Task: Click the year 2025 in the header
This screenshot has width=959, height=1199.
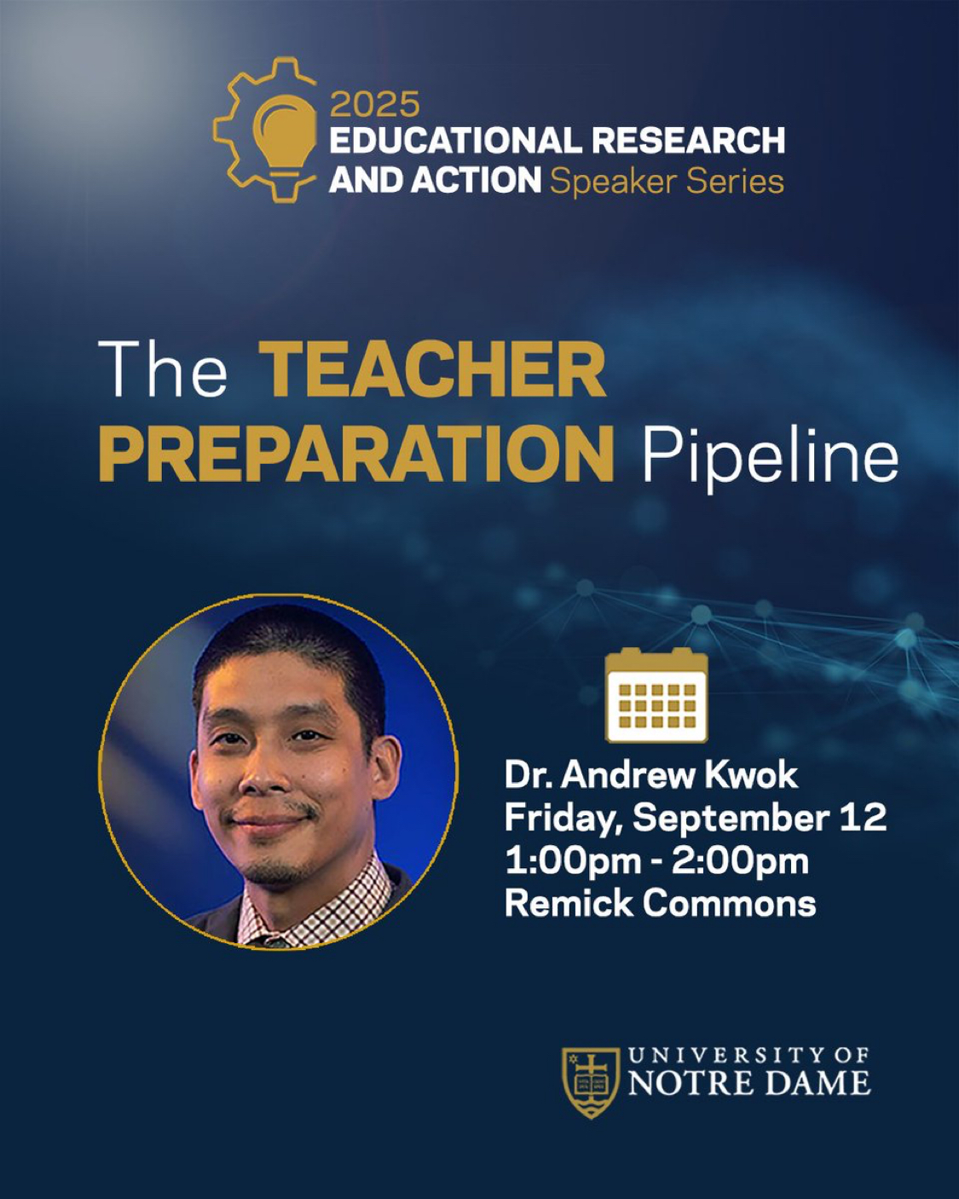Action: pyautogui.click(x=375, y=104)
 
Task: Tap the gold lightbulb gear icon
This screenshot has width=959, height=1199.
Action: pyautogui.click(x=265, y=130)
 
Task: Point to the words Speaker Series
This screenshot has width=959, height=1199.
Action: pyautogui.click(x=667, y=182)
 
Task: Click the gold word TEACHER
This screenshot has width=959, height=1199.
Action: pyautogui.click(x=432, y=369)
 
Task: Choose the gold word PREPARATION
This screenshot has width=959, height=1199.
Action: pyautogui.click(x=356, y=454)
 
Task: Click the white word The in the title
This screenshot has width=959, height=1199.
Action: pyautogui.click(x=163, y=369)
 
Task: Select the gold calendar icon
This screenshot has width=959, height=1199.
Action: pyautogui.click(x=656, y=695)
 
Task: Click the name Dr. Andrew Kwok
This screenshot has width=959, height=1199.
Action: pyautogui.click(x=651, y=775)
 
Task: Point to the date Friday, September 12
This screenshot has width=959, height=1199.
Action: pyautogui.click(x=695, y=819)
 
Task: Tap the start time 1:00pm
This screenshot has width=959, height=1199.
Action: pyautogui.click(x=573, y=862)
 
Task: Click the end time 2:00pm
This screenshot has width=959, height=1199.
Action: pyautogui.click(x=740, y=862)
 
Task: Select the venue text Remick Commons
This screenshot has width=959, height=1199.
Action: pyautogui.click(x=661, y=903)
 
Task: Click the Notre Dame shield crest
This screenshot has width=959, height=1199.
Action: pyautogui.click(x=591, y=1083)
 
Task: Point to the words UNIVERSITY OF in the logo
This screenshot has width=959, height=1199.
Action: pyautogui.click(x=749, y=1054)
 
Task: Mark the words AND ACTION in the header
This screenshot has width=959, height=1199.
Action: pyautogui.click(x=435, y=181)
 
